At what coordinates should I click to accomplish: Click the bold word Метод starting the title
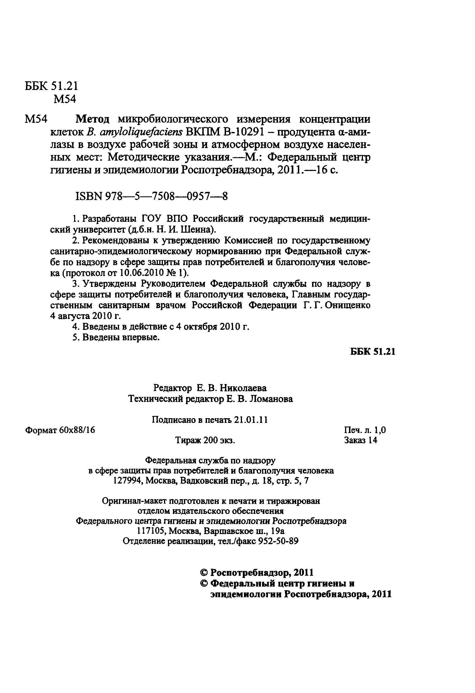point(92,119)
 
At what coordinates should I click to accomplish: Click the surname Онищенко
point(348,305)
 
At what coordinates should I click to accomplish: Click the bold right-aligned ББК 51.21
point(373,352)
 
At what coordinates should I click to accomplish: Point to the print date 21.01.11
point(251,420)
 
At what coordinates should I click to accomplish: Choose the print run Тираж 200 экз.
point(205,440)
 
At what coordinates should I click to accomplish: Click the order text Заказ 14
point(360,440)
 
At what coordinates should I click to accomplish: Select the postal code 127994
point(128,481)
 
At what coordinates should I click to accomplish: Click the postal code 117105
point(152,531)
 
